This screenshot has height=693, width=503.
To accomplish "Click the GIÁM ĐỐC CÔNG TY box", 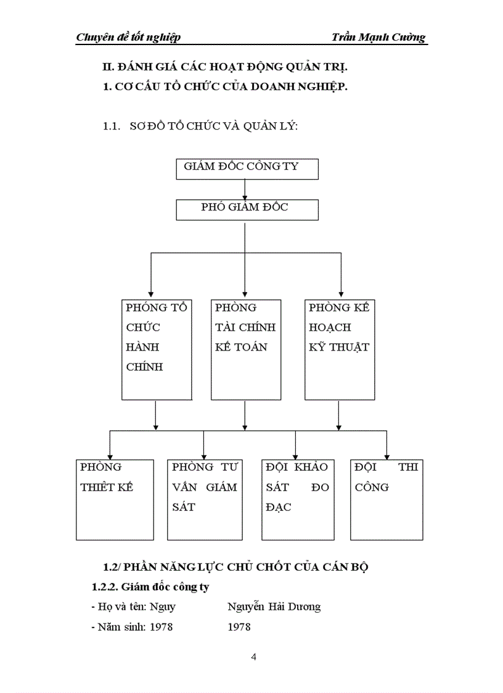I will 247,169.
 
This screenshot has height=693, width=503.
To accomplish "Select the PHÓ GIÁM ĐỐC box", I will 247,210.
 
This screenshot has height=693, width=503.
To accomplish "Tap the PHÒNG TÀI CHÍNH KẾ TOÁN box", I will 245,349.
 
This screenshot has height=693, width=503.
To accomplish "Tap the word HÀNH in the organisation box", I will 142,347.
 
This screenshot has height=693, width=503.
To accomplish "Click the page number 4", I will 254,657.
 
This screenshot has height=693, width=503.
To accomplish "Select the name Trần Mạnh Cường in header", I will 378,38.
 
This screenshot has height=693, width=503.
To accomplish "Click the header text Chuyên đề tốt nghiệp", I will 128,38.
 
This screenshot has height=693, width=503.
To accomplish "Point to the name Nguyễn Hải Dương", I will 274,607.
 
